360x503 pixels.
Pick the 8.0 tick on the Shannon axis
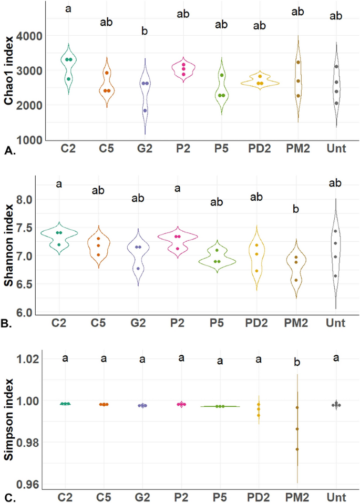click(x=34, y=200)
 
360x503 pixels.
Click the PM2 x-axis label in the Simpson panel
click(x=297, y=496)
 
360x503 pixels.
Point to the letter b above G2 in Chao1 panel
click(x=145, y=32)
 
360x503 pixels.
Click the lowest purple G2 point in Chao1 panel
click(x=145, y=110)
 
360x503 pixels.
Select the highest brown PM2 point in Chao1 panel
click(x=297, y=63)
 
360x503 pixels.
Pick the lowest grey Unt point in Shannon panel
click(x=335, y=275)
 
